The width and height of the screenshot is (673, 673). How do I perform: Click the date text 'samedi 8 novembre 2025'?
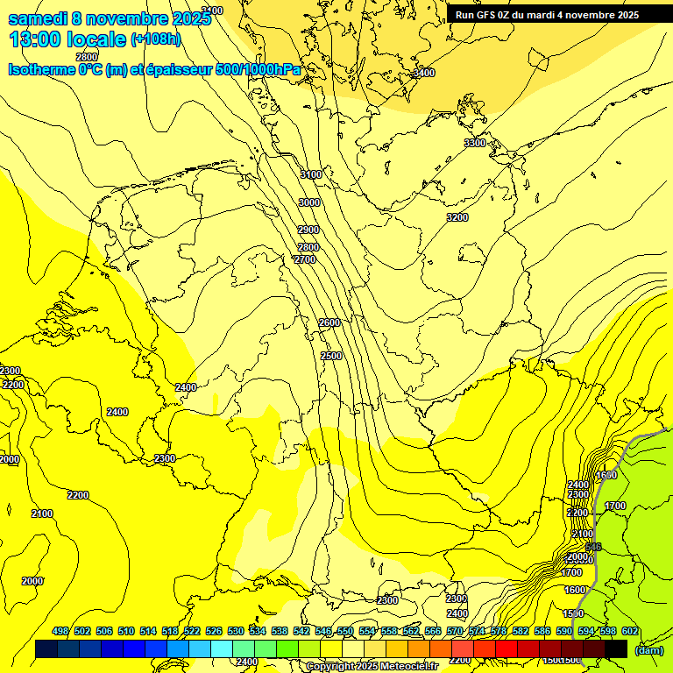click(109, 18)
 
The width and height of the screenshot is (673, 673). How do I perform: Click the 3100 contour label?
click(311, 175)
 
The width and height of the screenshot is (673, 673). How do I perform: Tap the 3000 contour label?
click(308, 202)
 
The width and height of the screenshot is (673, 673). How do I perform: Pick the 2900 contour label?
click(308, 230)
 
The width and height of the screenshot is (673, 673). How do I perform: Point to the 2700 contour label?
click(304, 260)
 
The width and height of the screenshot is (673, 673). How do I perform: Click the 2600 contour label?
click(329, 323)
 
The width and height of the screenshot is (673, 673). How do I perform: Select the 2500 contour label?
click(331, 356)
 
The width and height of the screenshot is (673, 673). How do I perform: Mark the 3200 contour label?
click(457, 217)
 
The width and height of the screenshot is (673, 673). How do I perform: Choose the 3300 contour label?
click(474, 143)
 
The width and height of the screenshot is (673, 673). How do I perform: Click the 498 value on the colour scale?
click(60, 632)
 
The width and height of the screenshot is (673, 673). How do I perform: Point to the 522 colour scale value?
click(192, 632)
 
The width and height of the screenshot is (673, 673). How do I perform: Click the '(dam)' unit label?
click(648, 650)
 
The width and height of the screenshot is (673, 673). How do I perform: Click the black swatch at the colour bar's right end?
click(616, 648)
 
